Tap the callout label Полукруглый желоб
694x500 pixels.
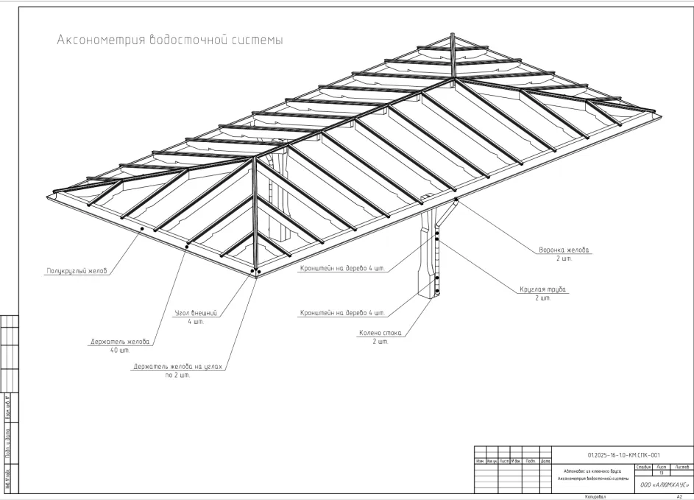pyautogui.click(x=72, y=271)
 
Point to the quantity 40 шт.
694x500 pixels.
pyautogui.click(x=118, y=349)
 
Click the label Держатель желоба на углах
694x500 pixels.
pyautogui.click(x=177, y=366)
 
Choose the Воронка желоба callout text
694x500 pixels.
pyautogui.click(x=564, y=250)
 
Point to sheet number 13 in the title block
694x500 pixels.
pyautogui.click(x=661, y=473)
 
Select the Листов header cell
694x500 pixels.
pyautogui.click(x=681, y=467)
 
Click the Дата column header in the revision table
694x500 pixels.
pyautogui.click(x=546, y=461)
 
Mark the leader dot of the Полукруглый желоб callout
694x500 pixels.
pyautogui.click(x=141, y=228)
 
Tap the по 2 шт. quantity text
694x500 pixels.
pyautogui.click(x=177, y=376)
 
